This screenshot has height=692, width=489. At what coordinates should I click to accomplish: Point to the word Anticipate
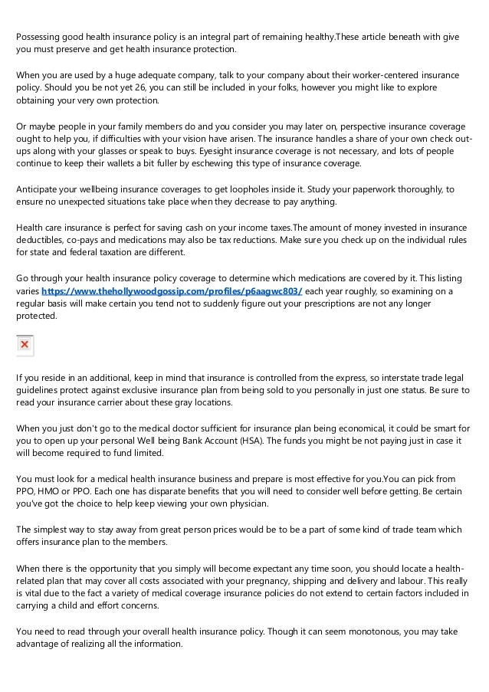(x=42, y=189)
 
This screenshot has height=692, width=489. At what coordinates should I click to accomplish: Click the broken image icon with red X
(x=25, y=346)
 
